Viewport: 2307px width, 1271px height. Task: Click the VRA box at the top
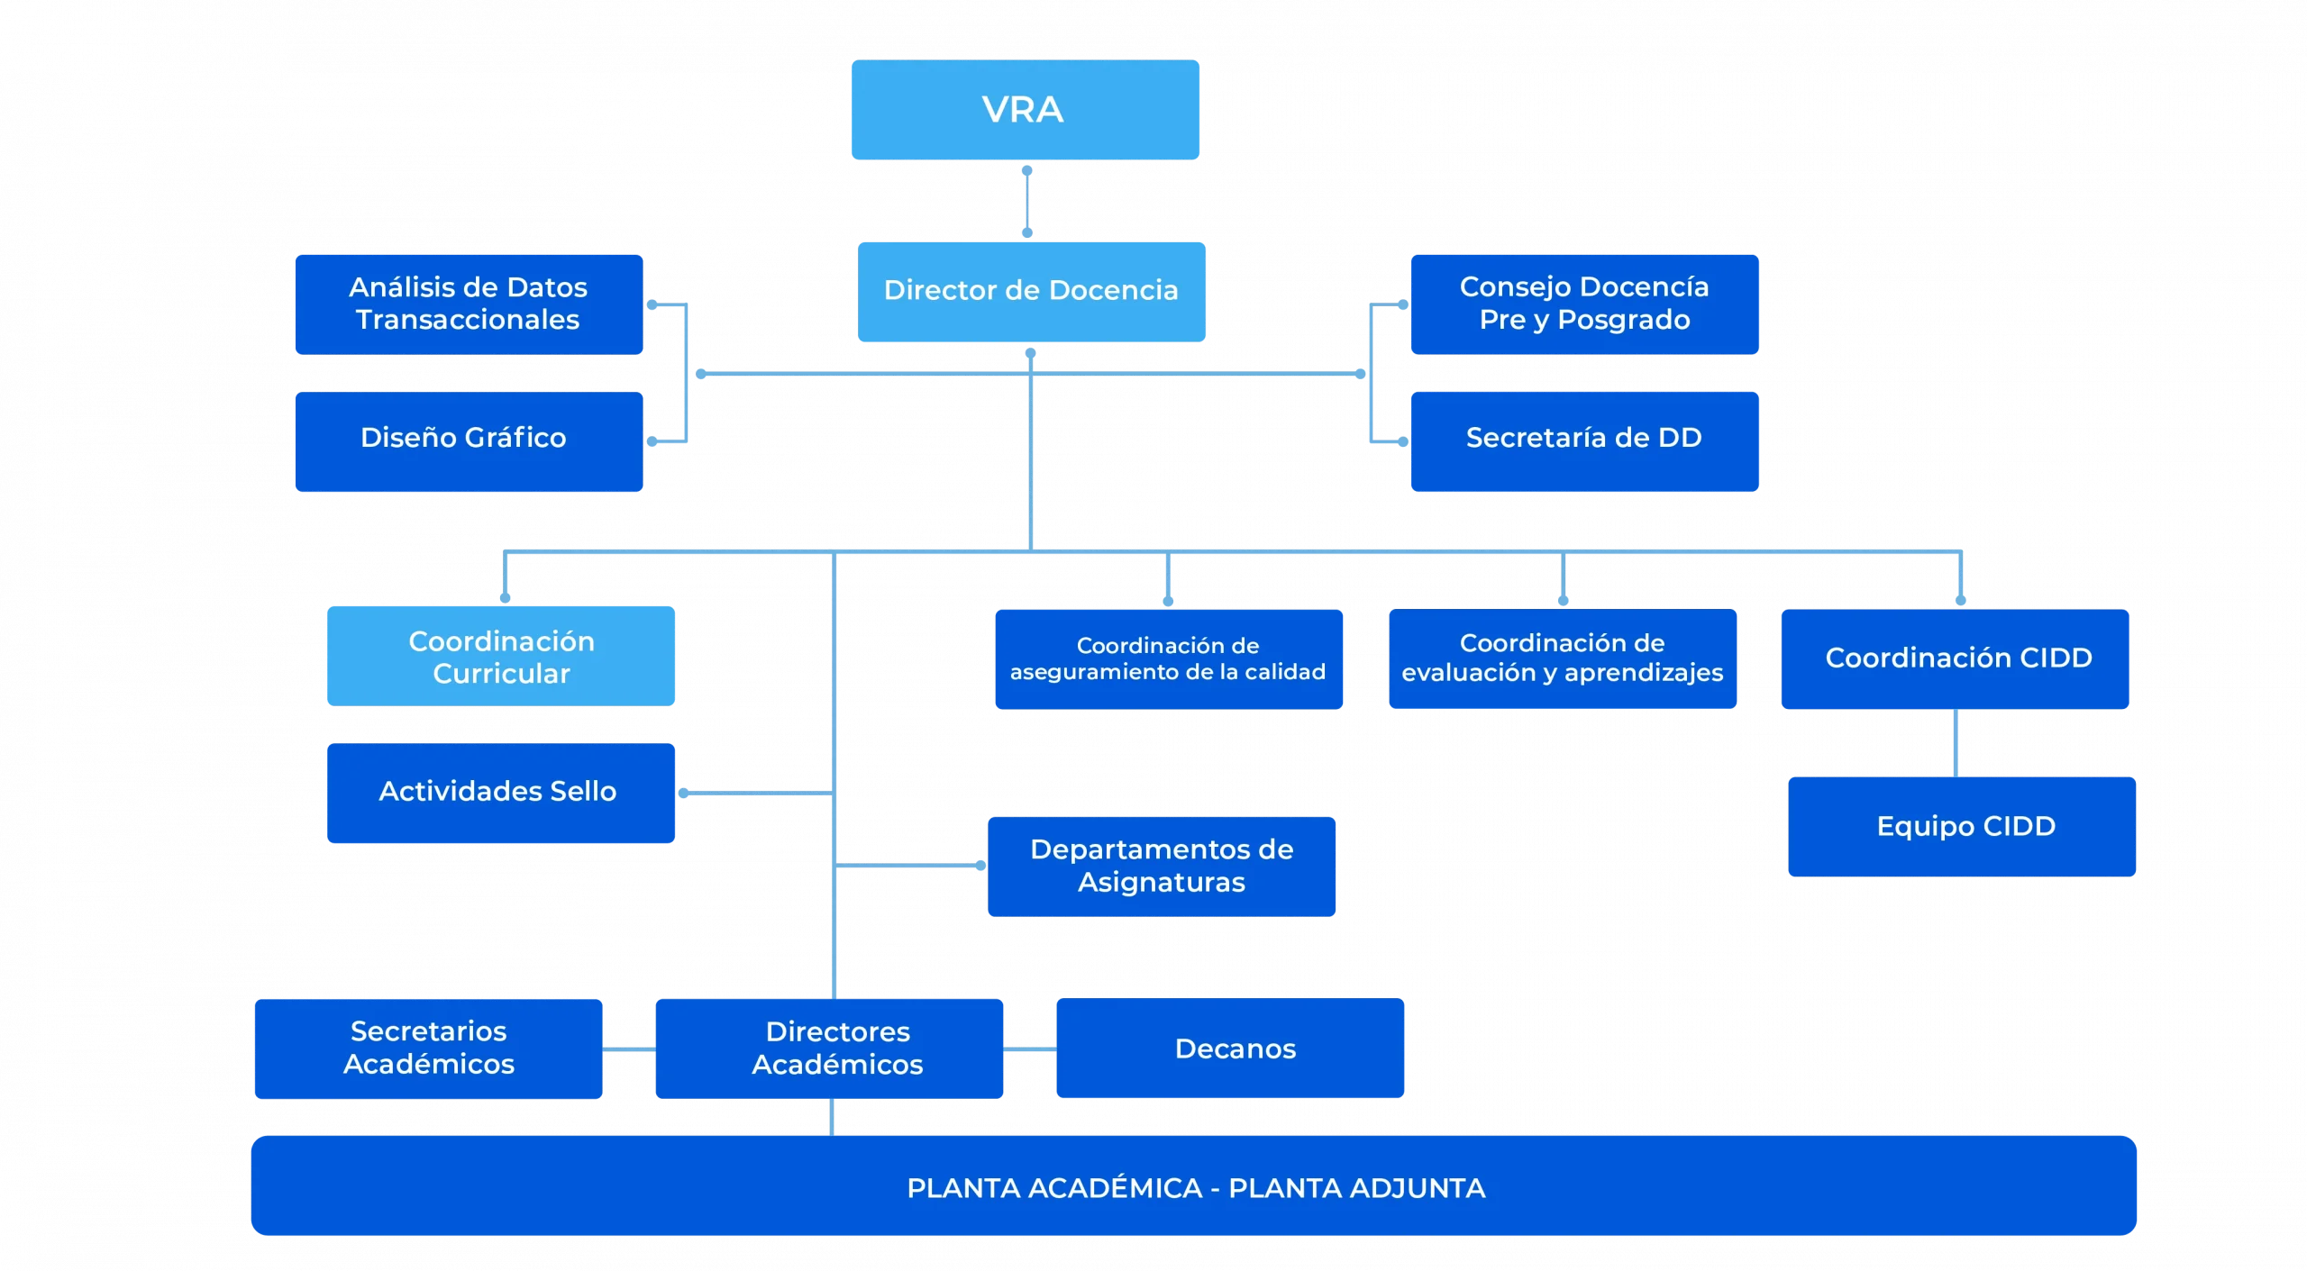coord(1025,110)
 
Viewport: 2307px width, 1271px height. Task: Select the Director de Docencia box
coord(1031,291)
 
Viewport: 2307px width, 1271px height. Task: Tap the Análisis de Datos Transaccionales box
coord(469,304)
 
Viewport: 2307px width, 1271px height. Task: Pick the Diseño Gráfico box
coord(469,440)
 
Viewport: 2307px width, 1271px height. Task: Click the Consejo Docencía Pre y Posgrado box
coord(1583,304)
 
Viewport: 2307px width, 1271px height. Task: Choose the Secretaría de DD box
coord(1583,440)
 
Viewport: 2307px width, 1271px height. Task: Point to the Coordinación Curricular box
coord(501,657)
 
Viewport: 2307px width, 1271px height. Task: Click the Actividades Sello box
coord(500,792)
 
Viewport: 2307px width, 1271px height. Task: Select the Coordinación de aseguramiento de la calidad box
coord(1169,659)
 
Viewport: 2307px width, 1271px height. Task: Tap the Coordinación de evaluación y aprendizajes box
coord(1562,659)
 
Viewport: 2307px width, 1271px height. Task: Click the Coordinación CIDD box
coord(1956,658)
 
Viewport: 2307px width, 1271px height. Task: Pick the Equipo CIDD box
coord(1962,826)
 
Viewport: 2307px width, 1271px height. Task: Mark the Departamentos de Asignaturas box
coord(1162,866)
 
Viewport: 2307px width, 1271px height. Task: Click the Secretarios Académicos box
coord(429,1049)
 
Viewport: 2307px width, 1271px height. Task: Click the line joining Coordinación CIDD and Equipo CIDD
coord(1956,743)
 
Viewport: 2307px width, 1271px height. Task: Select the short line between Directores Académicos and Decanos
coord(1029,1049)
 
